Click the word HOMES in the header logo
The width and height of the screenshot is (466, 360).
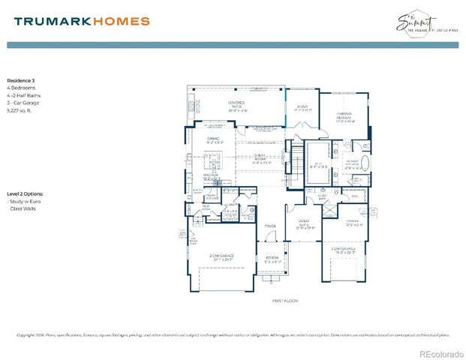121,22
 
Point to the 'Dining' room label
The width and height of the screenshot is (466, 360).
213,139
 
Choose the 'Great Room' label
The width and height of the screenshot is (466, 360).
260,157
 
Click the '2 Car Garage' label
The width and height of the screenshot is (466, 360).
221,257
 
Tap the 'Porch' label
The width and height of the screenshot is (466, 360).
272,259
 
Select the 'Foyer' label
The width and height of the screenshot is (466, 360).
270,226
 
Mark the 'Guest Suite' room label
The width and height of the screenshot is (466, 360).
304,222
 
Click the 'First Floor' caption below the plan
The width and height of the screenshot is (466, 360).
284,301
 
